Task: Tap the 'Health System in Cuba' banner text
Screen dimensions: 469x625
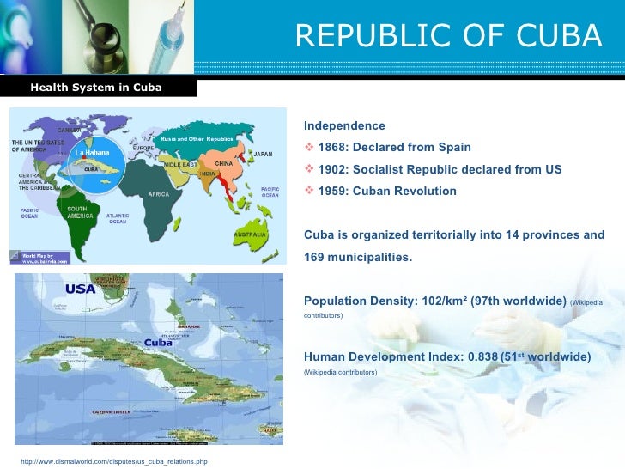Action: [x=96, y=88]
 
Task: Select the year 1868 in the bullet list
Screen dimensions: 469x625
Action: [x=334, y=148]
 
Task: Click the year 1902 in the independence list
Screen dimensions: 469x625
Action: [x=334, y=169]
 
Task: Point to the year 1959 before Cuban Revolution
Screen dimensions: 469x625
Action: [x=334, y=191]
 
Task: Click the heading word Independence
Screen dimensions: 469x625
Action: [x=339, y=126]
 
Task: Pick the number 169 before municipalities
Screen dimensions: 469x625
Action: [x=315, y=257]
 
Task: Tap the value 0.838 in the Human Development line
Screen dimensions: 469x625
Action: [x=475, y=357]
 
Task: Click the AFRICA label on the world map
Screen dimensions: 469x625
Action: [x=158, y=194]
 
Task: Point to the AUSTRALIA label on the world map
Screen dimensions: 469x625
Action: [x=250, y=233]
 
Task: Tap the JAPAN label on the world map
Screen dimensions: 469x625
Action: [x=263, y=155]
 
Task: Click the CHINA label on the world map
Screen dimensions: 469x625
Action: [x=222, y=163]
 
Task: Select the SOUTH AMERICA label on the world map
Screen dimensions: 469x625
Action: [x=78, y=212]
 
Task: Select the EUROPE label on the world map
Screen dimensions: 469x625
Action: [x=143, y=148]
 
